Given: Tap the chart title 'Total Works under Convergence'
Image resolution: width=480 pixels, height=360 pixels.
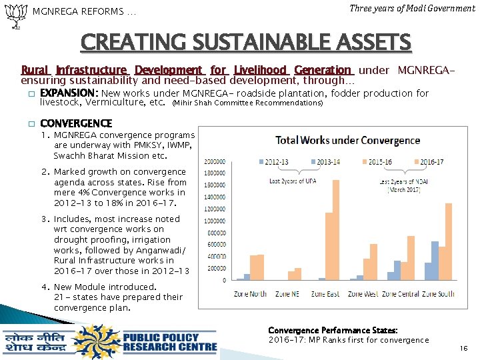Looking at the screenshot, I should click(x=347, y=140).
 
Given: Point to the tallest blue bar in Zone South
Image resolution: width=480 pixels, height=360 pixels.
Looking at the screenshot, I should click(x=435, y=261).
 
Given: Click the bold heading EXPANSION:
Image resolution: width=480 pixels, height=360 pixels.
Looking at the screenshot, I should click(x=69, y=93).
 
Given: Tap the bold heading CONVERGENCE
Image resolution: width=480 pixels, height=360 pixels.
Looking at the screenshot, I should click(x=76, y=123).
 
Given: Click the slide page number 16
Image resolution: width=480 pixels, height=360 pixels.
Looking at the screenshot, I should click(x=464, y=348).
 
